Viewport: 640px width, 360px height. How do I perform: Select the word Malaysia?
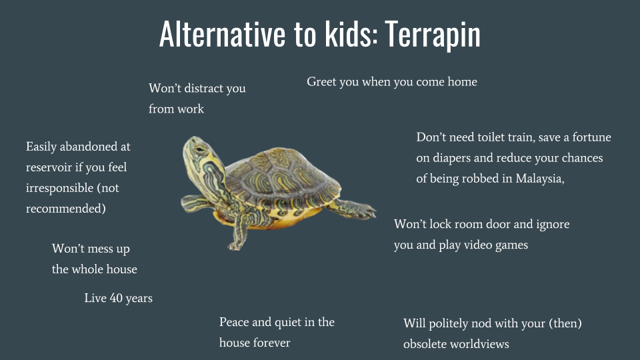click(539, 179)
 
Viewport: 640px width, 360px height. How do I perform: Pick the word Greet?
click(322, 82)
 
